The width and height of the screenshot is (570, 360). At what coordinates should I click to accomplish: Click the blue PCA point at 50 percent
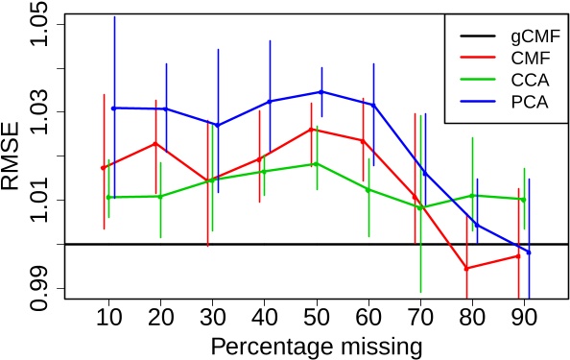tap(321, 91)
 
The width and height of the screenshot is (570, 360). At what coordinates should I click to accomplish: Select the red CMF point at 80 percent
tap(466, 268)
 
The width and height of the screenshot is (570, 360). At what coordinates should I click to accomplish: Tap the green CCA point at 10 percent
tap(109, 197)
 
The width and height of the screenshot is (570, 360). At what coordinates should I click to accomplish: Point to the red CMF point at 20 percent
tap(155, 143)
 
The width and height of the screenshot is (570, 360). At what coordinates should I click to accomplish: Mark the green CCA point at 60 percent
tap(368, 189)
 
